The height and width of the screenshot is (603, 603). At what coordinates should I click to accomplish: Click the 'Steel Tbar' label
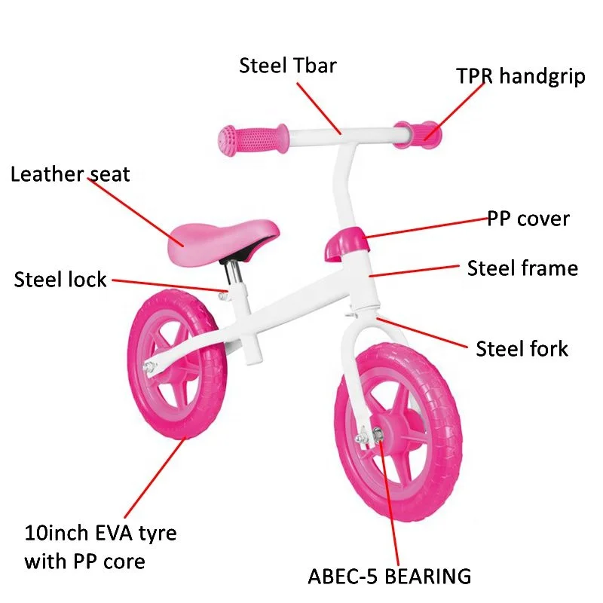[x=288, y=66]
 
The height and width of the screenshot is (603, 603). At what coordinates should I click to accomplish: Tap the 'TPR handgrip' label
[x=520, y=76]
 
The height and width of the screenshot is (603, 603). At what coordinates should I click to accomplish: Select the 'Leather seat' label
[x=70, y=175]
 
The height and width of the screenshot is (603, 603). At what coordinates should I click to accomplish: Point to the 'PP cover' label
[x=528, y=219]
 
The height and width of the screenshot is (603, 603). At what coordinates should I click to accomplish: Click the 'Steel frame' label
[x=522, y=268]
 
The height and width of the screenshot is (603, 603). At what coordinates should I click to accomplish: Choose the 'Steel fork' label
[x=522, y=348]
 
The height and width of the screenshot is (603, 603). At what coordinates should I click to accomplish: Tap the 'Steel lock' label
[x=60, y=280]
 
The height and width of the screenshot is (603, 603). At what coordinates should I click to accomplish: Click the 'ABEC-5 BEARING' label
[x=389, y=577]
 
